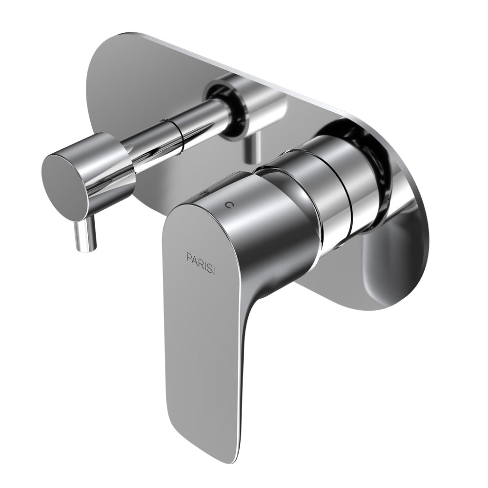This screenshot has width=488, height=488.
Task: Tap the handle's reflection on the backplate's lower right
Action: [x=390, y=264]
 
